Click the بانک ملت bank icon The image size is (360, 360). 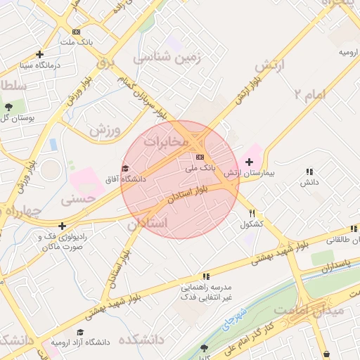coord(76,32)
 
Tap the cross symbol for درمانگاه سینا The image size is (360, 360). coord(40,54)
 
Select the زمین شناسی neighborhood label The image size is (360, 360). coord(168,58)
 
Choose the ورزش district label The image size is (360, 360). coord(105,130)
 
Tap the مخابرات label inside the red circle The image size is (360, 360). coord(166,142)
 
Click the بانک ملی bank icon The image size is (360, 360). coord(200,156)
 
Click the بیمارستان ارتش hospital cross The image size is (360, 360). coord(249,161)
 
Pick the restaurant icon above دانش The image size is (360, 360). coord(310,171)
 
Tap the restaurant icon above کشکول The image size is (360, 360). coord(252,213)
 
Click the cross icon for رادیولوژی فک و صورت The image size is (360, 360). coord(63,226)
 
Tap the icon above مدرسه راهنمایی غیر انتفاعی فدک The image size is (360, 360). coord(205,276)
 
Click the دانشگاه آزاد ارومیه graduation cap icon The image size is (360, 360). coord(80,331)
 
